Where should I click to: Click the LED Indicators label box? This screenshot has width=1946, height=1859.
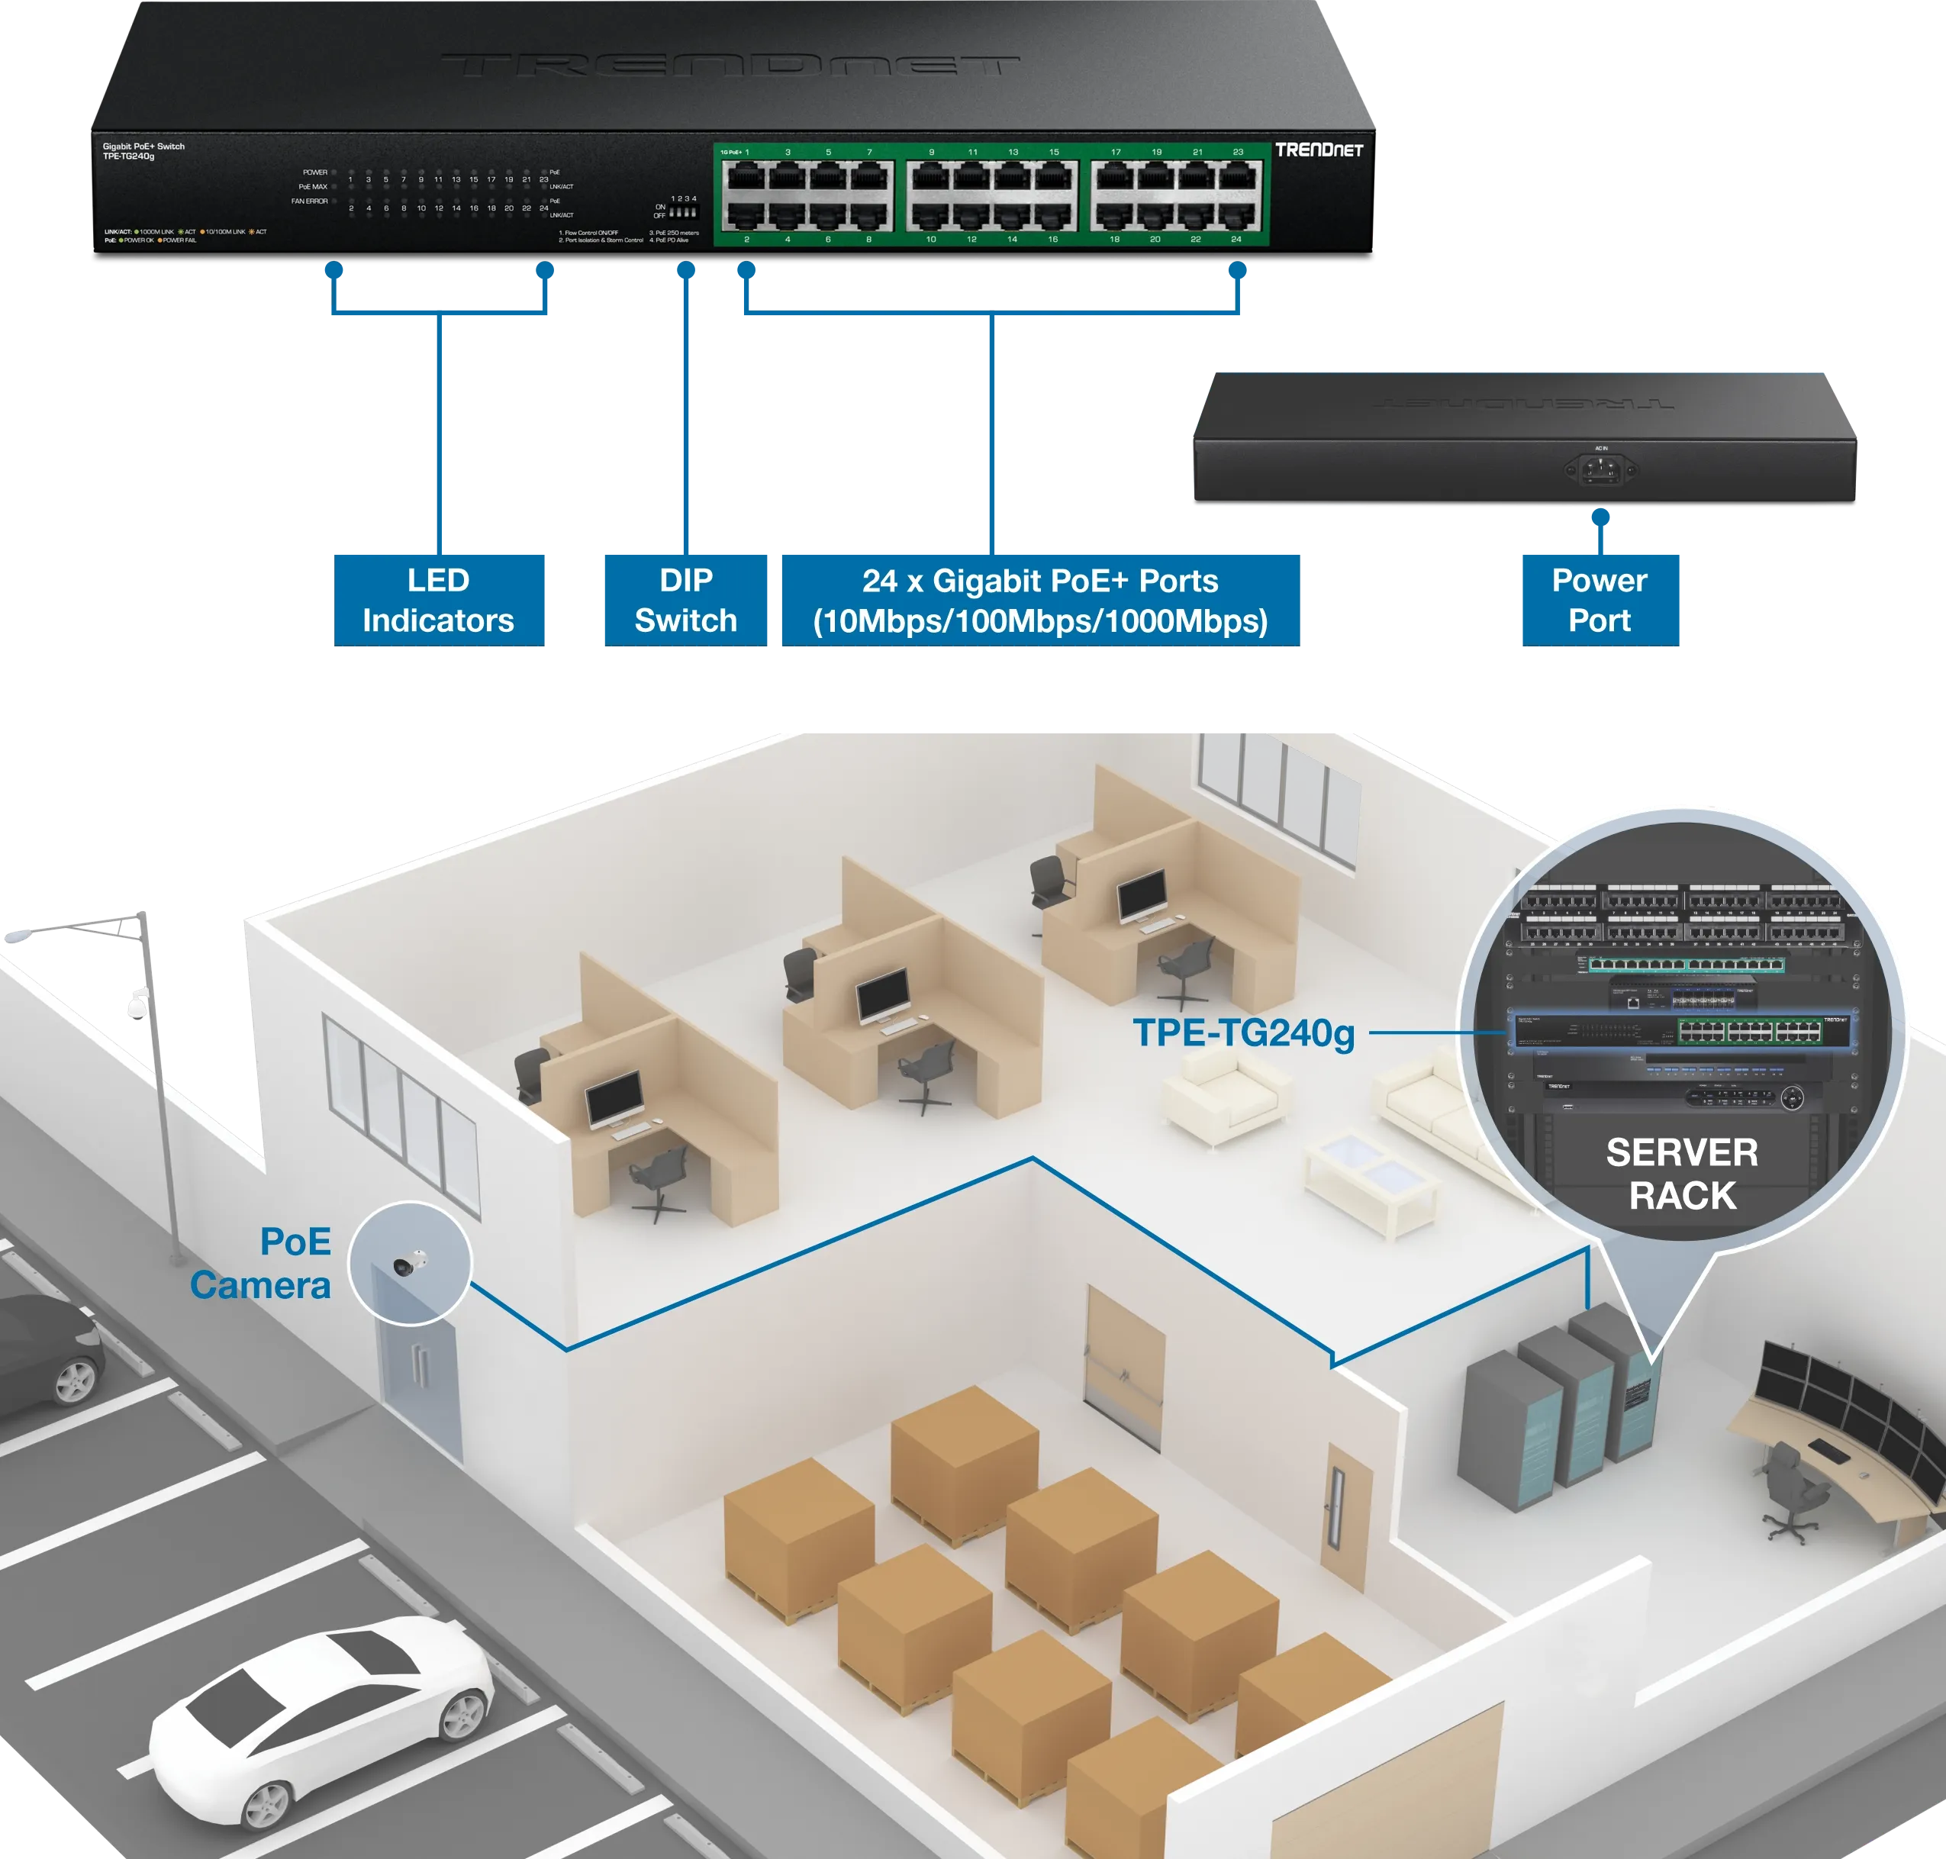pyautogui.click(x=437, y=600)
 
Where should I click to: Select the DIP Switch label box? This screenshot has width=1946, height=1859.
pyautogui.click(x=685, y=600)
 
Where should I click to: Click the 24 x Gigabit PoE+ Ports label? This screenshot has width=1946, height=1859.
pyautogui.click(x=1039, y=600)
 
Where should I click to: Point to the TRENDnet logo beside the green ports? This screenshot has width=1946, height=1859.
pyautogui.click(x=1318, y=150)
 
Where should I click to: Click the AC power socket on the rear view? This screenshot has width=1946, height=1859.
pyautogui.click(x=1600, y=469)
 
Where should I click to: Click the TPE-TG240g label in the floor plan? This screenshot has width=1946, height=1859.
pyautogui.click(x=1243, y=1033)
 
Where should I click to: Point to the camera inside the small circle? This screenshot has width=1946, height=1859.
pyautogui.click(x=409, y=1264)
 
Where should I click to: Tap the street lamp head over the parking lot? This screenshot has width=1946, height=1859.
pyautogui.click(x=20, y=933)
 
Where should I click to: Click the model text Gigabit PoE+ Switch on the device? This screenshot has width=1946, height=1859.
pyautogui.click(x=143, y=147)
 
